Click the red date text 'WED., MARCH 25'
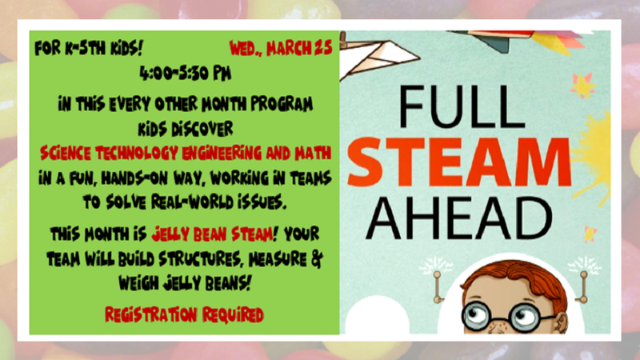point(280,48)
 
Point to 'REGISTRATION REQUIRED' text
point(184,314)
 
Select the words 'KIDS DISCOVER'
point(185,126)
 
